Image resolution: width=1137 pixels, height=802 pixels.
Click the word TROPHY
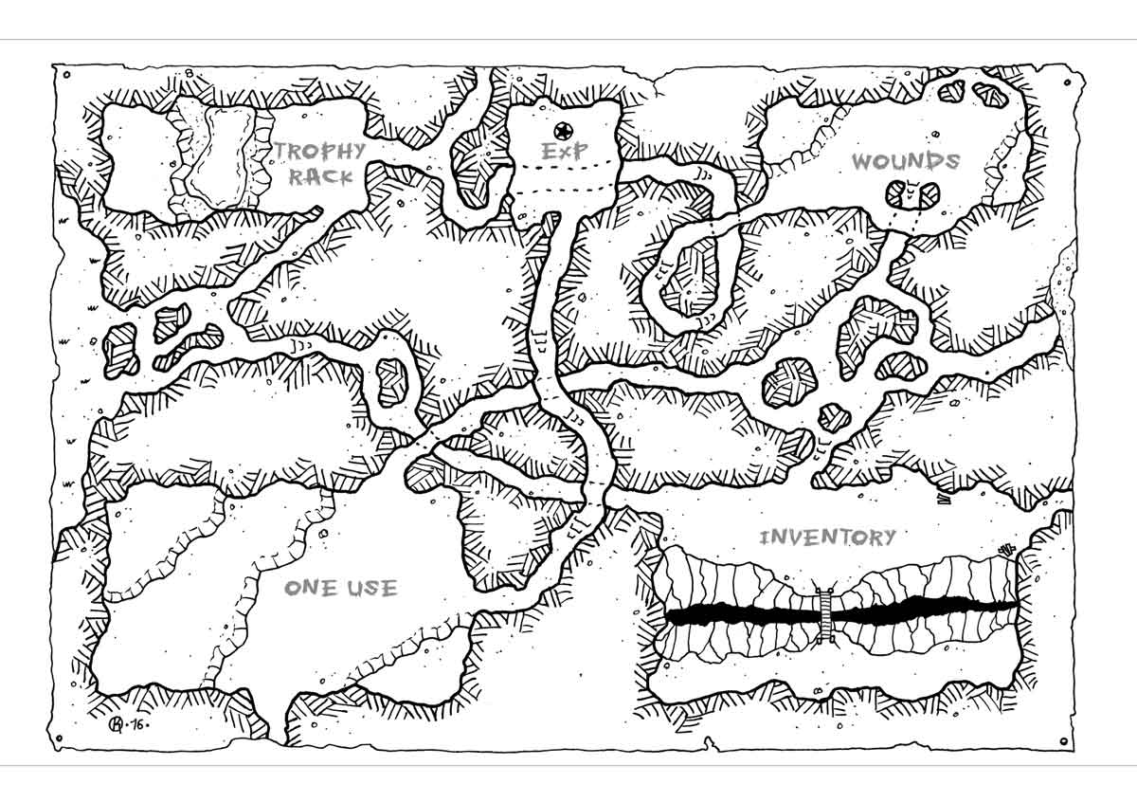pyautogui.click(x=320, y=151)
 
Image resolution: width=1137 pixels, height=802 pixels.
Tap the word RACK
pyautogui.click(x=320, y=176)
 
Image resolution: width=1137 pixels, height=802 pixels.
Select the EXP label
pyautogui.click(x=565, y=152)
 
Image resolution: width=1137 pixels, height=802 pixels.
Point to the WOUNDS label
pyautogui.click(x=905, y=161)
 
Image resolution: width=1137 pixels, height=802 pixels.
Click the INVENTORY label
pyautogui.click(x=827, y=538)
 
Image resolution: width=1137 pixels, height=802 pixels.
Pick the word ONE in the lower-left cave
pyautogui.click(x=310, y=589)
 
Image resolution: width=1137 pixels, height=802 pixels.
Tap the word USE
pyautogui.click(x=370, y=589)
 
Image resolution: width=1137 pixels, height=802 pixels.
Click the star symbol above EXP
pyautogui.click(x=564, y=130)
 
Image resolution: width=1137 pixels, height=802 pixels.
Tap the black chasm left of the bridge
pyautogui.click(x=739, y=615)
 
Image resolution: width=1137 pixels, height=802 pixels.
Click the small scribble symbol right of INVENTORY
pyautogui.click(x=1005, y=547)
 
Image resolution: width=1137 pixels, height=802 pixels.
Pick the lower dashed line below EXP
pyautogui.click(x=563, y=193)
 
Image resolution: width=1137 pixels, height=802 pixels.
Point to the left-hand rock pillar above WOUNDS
pyautogui.click(x=952, y=91)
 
